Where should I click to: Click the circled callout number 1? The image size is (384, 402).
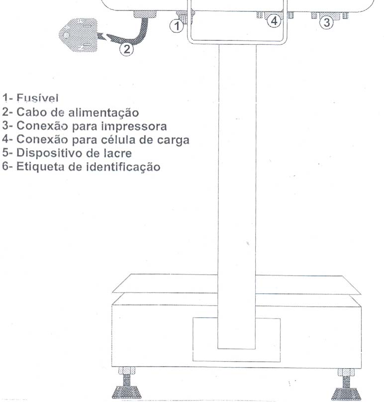[x=177, y=26]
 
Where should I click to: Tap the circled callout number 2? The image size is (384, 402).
[x=126, y=48]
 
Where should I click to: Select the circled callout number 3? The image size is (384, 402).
[x=327, y=22]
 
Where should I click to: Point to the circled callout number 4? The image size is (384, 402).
[x=274, y=20]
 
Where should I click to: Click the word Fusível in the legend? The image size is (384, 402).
[x=37, y=98]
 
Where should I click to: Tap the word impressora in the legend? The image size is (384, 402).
[x=134, y=127]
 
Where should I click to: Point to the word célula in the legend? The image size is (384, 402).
[x=118, y=139]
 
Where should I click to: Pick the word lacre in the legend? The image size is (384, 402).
[x=117, y=153]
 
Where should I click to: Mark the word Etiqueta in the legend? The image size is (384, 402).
[x=40, y=167]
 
